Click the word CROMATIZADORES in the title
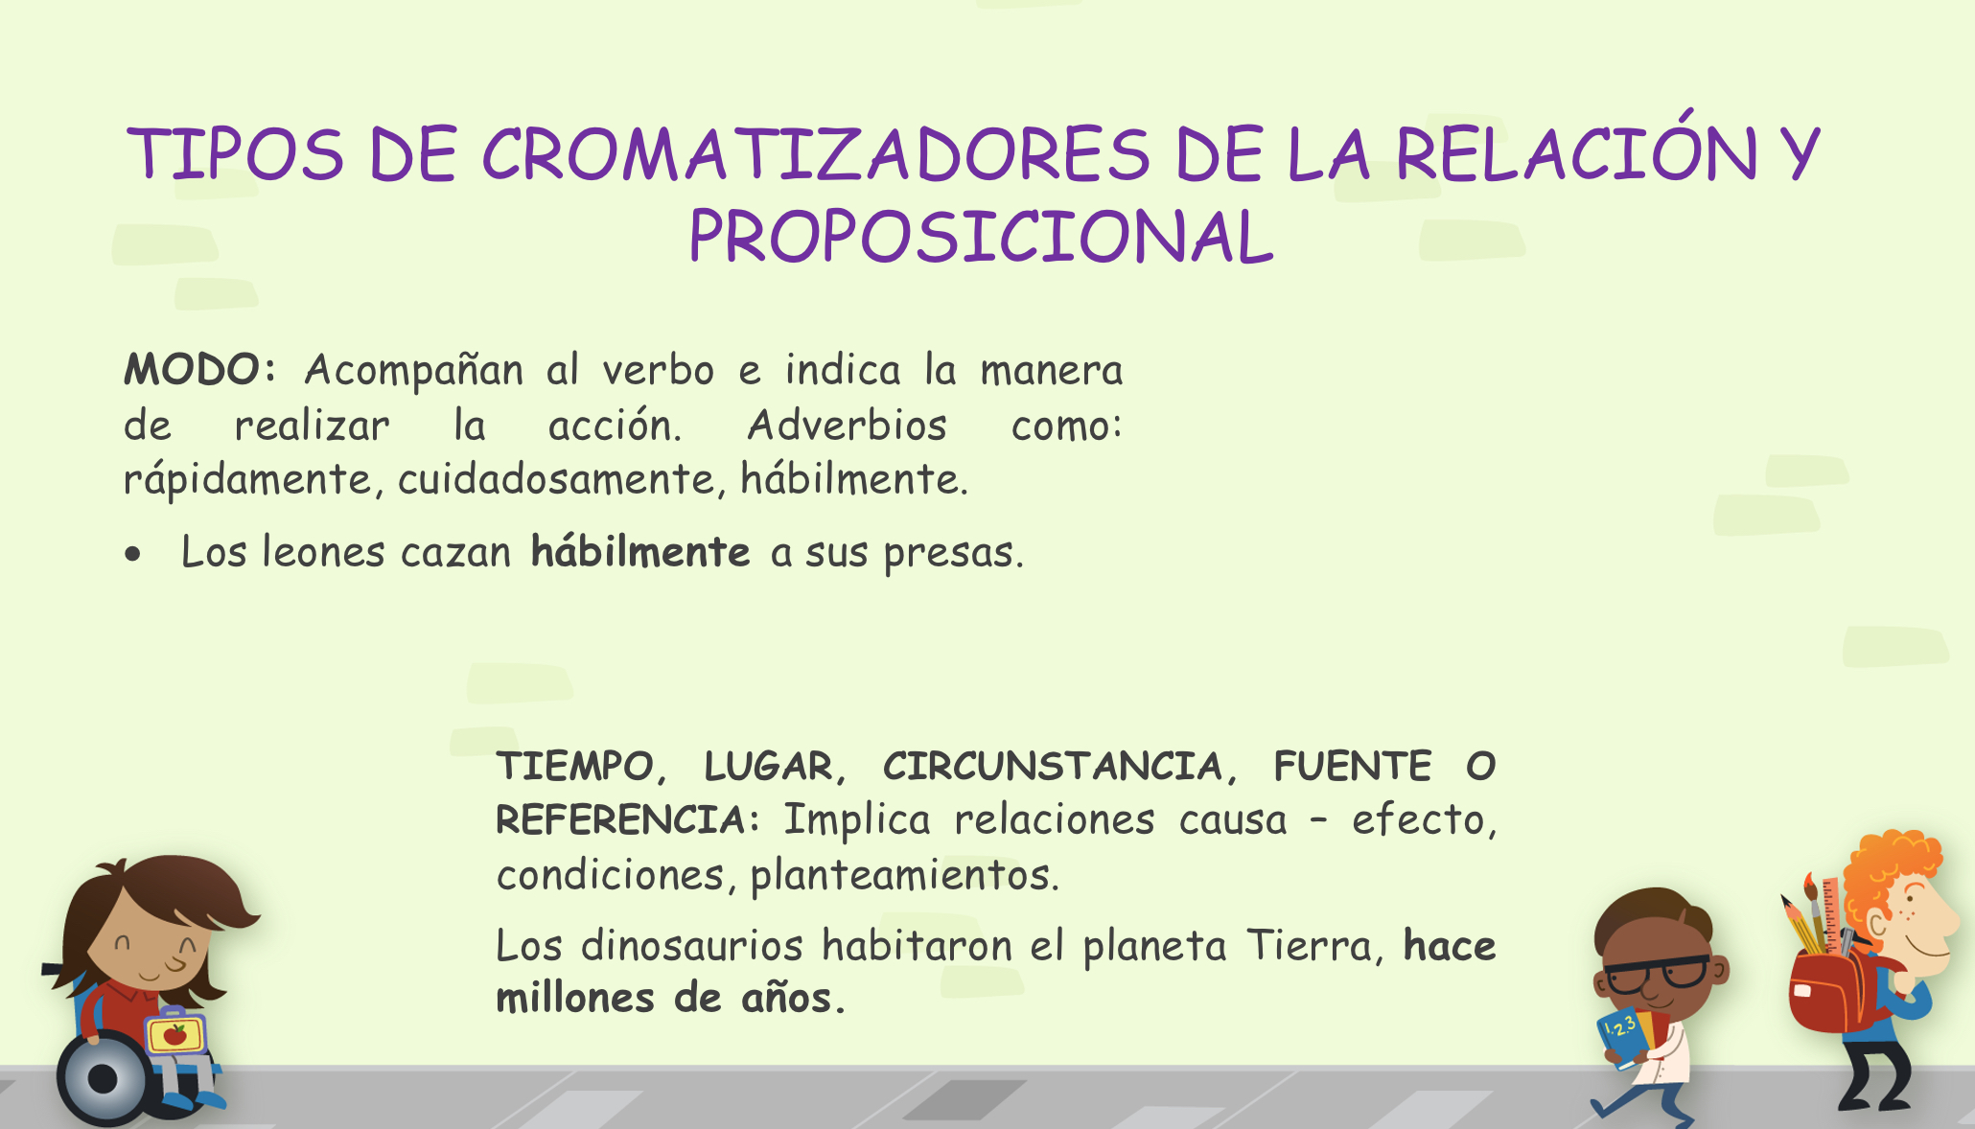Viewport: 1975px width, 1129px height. (x=815, y=154)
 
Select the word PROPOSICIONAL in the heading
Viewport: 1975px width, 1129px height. (x=982, y=237)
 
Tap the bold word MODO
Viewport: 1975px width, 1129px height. (x=192, y=369)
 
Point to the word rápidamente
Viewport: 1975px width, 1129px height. (x=247, y=479)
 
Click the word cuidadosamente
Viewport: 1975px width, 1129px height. (x=557, y=479)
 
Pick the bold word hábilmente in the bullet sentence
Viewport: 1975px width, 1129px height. (x=640, y=552)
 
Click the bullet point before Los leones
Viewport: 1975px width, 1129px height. (x=133, y=554)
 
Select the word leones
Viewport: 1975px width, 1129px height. (x=322, y=552)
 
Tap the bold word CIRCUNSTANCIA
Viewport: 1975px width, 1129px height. (x=1052, y=767)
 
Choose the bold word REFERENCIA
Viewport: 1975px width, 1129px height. (x=621, y=820)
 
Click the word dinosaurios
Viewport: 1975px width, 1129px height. (x=692, y=946)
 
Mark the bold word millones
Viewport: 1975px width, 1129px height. (x=574, y=998)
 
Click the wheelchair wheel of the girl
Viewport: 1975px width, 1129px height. (x=104, y=1079)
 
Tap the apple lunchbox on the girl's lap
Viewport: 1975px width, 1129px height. (x=175, y=1033)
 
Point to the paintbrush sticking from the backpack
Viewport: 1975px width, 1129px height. (x=1815, y=910)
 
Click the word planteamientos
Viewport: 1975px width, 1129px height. (x=904, y=875)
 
